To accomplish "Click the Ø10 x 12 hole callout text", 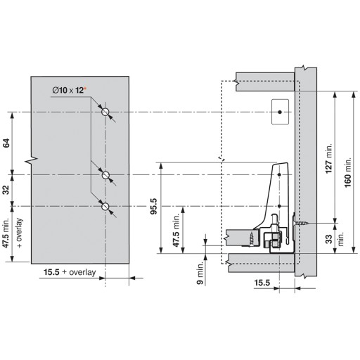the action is (68, 90).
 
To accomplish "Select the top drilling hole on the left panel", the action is (105, 112).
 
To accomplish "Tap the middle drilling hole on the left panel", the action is (105, 175).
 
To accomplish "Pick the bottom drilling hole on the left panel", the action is (105, 207).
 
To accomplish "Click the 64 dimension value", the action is (6, 143).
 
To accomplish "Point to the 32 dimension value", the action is (6, 190).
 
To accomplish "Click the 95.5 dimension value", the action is (154, 207).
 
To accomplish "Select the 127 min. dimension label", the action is (328, 158).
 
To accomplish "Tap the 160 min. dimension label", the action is (348, 172).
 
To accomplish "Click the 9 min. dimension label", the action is (200, 274).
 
